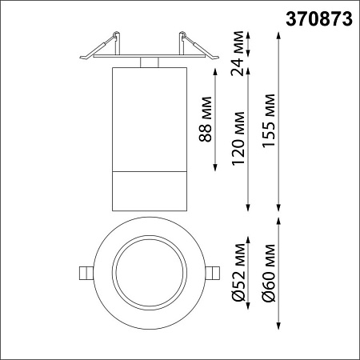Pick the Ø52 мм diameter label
point(238,273)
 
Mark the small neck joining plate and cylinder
point(149,63)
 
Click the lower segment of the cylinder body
point(149,190)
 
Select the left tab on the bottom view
point(85,272)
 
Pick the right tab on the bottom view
point(213,272)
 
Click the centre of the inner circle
point(149,272)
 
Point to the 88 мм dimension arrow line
point(217,119)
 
